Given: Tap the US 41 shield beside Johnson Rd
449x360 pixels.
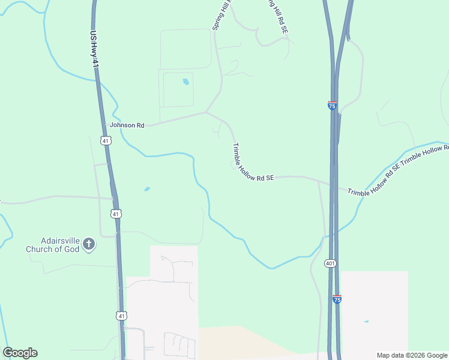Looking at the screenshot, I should coord(106,141).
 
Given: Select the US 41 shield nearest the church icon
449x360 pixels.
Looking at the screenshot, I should coord(116,214).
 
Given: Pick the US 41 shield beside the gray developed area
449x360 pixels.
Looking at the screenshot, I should coord(122,315).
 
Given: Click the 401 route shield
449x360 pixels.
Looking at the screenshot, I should coord(330,263).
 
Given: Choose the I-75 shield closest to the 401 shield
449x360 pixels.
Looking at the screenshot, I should coord(337,299).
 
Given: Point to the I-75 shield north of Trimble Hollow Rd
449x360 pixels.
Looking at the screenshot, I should coord(332,105).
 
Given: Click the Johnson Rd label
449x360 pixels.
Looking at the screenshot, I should coord(127,125).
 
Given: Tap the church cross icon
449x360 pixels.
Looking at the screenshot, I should coord(89,244).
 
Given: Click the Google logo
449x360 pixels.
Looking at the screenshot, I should coord(20,353).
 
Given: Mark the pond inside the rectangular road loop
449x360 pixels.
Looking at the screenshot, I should coord(185,82).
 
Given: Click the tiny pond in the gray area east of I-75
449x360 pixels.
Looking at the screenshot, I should coord(366,322).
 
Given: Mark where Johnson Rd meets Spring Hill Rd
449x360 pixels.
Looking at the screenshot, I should coord(206,112).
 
